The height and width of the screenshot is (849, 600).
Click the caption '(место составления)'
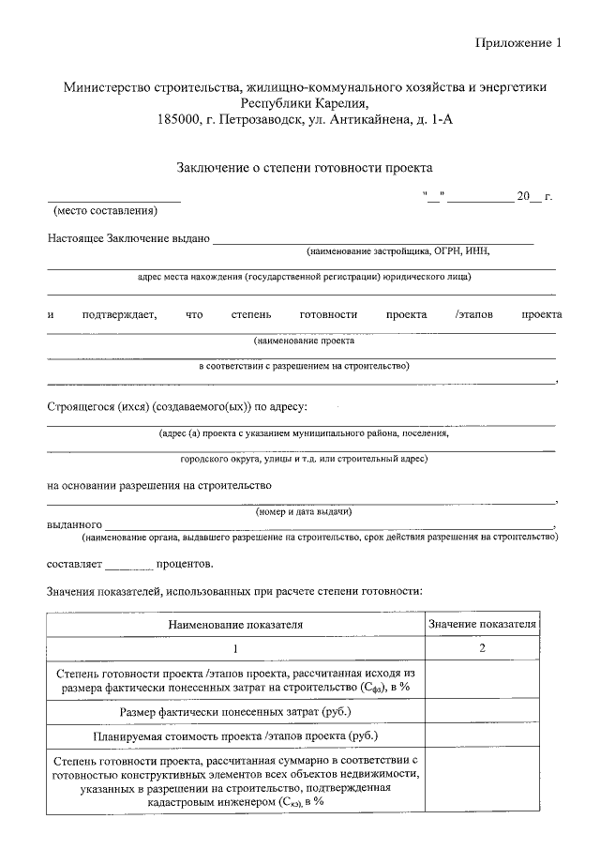coord(105,210)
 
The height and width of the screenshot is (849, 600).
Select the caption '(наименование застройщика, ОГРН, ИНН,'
coord(397,251)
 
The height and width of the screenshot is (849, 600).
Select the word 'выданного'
coord(74,525)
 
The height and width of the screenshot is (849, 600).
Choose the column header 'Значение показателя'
coord(482,623)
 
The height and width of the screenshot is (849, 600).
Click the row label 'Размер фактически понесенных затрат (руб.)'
coord(235,712)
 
